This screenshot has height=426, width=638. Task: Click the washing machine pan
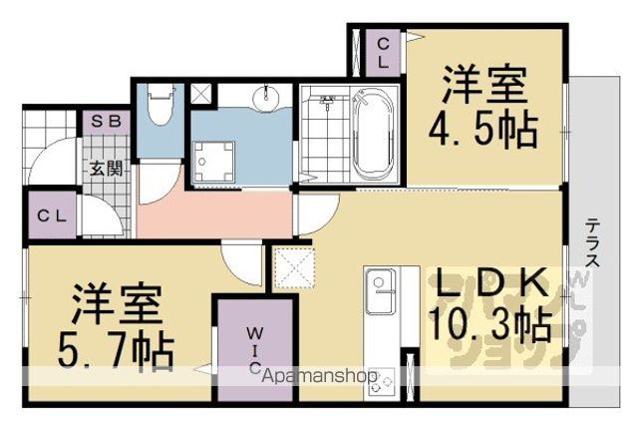[213, 162]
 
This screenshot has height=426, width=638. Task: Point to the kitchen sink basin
[380, 290]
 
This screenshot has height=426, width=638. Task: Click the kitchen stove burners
[381, 382]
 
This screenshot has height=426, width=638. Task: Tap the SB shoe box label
[106, 121]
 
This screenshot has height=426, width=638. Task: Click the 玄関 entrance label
[106, 168]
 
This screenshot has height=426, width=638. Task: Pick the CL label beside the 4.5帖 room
[384, 53]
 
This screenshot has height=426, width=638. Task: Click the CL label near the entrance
[52, 215]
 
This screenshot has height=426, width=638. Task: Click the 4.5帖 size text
[483, 131]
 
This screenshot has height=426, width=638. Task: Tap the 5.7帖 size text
[116, 349]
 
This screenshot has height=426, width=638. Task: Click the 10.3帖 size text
[490, 324]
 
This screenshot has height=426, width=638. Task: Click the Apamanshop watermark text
[320, 376]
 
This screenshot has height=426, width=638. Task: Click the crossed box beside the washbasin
[201, 94]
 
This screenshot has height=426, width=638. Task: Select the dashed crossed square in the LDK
[294, 267]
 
